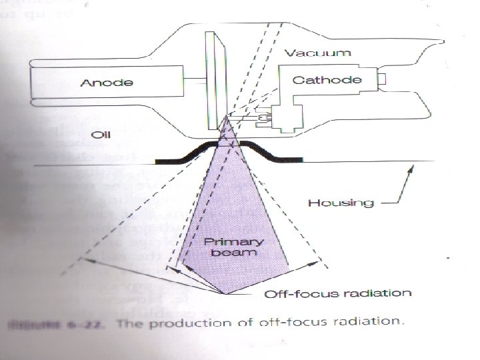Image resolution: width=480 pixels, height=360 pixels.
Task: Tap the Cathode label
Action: pyautogui.click(x=327, y=80)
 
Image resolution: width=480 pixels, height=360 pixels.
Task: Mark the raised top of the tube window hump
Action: pyautogui.click(x=229, y=142)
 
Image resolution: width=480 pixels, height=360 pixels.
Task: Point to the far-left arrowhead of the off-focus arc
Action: pyautogui.click(x=83, y=257)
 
